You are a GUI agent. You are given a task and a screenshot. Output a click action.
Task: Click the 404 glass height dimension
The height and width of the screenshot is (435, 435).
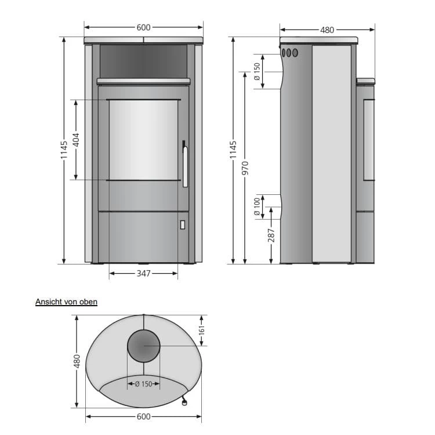[76, 140]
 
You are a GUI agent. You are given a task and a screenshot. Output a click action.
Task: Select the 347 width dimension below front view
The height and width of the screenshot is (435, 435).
[143, 274]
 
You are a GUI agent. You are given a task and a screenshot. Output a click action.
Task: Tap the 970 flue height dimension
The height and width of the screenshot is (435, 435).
[245, 168]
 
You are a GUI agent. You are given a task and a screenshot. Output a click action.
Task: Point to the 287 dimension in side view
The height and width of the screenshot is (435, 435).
[271, 235]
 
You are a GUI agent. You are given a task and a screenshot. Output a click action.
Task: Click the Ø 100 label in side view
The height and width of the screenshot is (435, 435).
[257, 206]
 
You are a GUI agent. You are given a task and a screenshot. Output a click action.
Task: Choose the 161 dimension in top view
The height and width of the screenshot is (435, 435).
[202, 330]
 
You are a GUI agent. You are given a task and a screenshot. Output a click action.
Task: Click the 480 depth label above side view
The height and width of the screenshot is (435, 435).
[327, 30]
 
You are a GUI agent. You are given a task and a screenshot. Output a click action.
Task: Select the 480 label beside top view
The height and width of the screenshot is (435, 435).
[77, 361]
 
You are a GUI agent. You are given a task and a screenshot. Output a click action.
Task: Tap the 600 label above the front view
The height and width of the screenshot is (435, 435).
[143, 27]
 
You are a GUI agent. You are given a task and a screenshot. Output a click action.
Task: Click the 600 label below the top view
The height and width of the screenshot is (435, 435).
[143, 416]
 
